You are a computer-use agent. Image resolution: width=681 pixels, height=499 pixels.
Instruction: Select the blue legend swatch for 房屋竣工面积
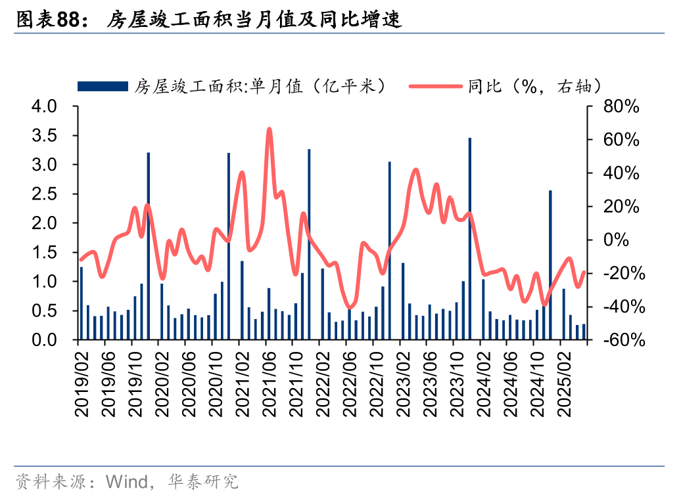click(x=103, y=86)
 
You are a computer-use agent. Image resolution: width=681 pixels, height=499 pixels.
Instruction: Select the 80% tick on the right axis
click(x=621, y=106)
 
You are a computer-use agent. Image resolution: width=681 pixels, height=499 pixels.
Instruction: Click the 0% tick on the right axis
click(x=625, y=240)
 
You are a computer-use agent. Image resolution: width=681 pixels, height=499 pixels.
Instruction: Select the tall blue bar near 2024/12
click(x=550, y=263)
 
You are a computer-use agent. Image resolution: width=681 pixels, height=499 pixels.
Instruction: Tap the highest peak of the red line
click(x=270, y=129)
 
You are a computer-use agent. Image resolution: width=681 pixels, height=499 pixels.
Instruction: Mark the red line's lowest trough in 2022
click(x=350, y=307)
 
